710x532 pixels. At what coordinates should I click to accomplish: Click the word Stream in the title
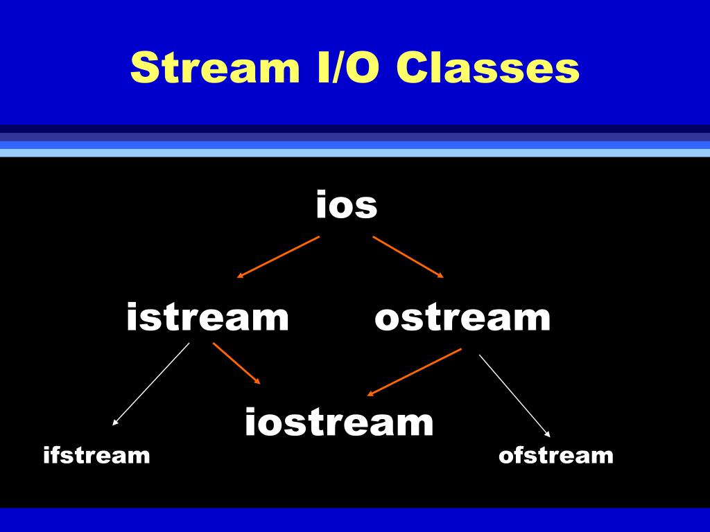pos(208,68)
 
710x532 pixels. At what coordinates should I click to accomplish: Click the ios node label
pos(346,205)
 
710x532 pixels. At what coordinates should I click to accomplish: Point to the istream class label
pos(207,317)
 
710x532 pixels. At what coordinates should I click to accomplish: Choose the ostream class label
pos(462,317)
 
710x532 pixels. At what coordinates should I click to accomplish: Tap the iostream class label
pos(339,422)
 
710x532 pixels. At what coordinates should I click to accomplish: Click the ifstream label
pos(96,455)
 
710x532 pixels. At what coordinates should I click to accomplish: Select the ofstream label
pos(555,455)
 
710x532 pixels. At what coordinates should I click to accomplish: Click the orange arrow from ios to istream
pos(278,256)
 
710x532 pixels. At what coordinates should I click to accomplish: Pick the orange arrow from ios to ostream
pos(408,256)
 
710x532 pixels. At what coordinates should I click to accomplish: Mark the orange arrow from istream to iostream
pos(236,363)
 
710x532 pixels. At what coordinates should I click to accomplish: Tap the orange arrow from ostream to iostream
pos(414,372)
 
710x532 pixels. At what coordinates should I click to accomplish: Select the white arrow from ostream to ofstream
pos(514,396)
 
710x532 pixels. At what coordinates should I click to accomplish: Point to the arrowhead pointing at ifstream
pos(115,421)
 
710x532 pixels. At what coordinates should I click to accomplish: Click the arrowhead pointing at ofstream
pos(547,434)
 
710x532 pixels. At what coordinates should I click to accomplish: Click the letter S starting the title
pos(141,68)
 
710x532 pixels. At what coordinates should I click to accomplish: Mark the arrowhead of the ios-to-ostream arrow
pos(440,276)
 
